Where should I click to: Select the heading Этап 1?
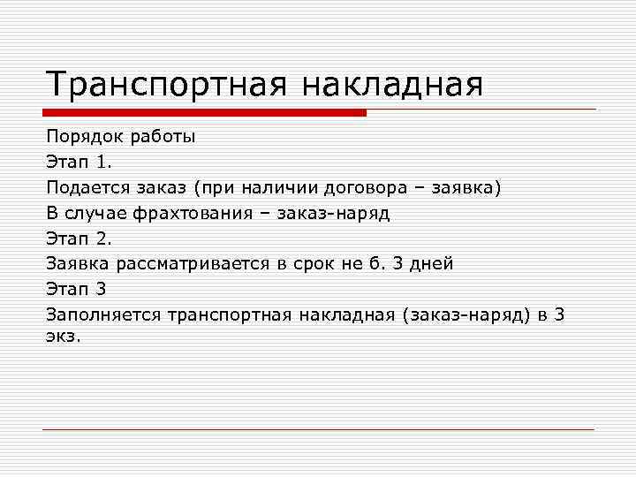pyautogui.click(x=79, y=163)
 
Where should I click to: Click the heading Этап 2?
pyautogui.click(x=79, y=238)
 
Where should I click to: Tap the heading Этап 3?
pyautogui.click(x=78, y=288)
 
